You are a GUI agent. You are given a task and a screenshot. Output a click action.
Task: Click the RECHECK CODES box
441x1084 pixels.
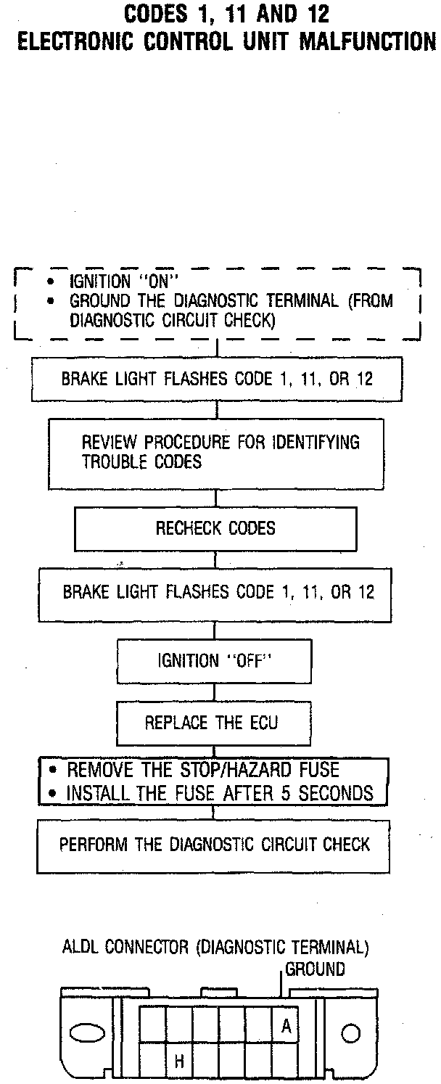pos(215,528)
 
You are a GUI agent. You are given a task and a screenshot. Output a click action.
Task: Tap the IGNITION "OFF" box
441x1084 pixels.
pos(214,661)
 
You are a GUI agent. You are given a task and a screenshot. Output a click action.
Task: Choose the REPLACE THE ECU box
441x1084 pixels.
pos(211,723)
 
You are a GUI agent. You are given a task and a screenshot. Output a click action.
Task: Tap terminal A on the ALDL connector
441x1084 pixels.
pos(286,1027)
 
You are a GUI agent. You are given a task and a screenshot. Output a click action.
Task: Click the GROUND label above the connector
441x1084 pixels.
pos(316,969)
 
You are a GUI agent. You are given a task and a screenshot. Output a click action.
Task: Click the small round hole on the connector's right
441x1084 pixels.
pos(352,1033)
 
